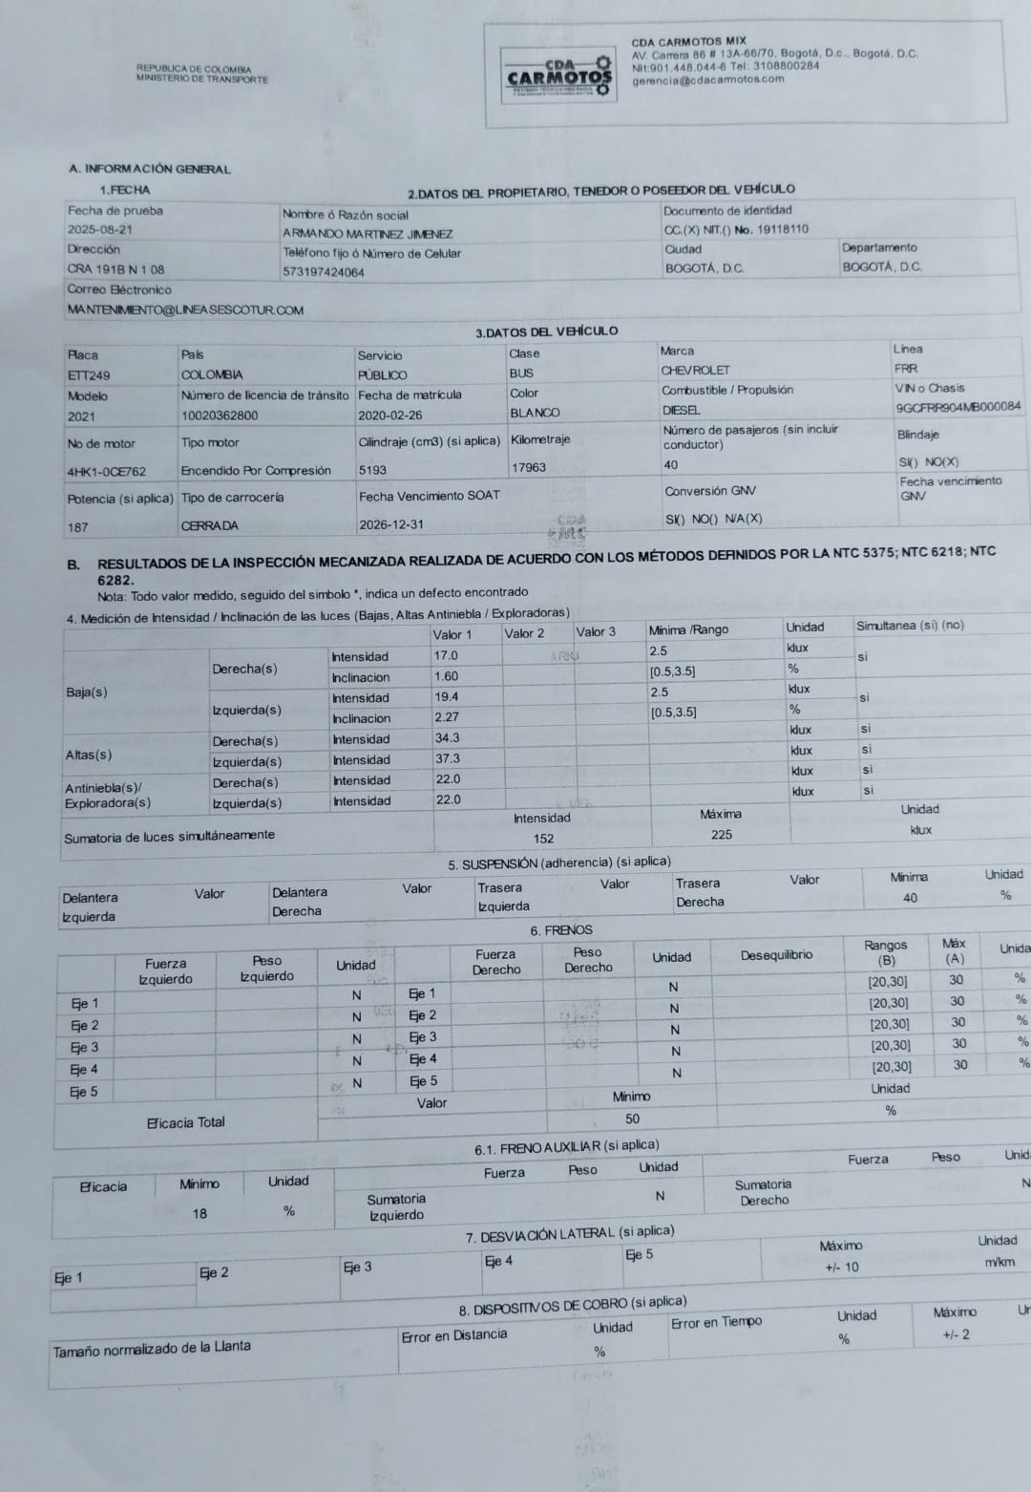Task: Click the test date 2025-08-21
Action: (100, 230)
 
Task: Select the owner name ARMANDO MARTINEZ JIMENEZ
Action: (368, 234)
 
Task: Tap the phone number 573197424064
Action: (324, 272)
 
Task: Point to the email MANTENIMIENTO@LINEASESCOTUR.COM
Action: (185, 309)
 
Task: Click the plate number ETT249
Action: (89, 375)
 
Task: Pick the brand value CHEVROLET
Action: (695, 371)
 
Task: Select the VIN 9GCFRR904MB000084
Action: (957, 407)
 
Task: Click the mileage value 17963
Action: (529, 467)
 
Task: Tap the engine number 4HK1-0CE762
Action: (107, 472)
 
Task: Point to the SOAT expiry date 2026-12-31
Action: (391, 524)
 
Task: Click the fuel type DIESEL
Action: (681, 410)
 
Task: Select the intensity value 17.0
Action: (446, 656)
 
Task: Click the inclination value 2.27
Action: (446, 717)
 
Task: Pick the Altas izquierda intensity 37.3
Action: (447, 758)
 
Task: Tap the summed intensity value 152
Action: (543, 839)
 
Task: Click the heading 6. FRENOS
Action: (561, 930)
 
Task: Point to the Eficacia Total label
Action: (185, 1122)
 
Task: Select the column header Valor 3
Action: (596, 631)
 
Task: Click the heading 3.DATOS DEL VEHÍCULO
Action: (546, 332)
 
